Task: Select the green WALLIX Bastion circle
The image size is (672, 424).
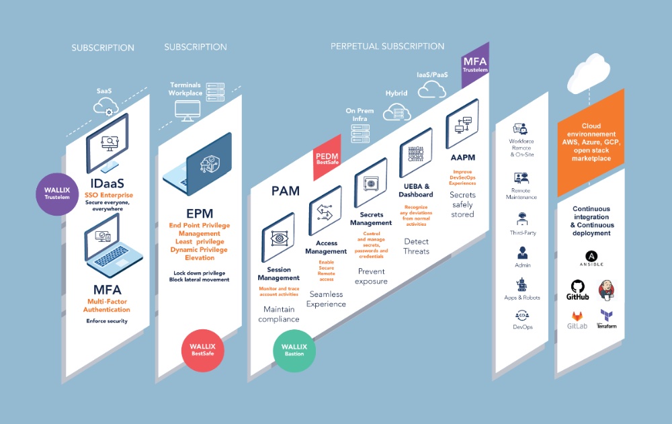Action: [x=294, y=352]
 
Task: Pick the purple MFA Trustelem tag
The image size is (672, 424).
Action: [x=475, y=66]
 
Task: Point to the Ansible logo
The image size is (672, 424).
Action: [x=592, y=257]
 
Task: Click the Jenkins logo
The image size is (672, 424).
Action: [x=607, y=289]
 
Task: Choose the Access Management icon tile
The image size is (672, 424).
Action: [x=325, y=210]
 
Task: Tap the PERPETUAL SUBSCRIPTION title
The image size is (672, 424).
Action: [x=387, y=46]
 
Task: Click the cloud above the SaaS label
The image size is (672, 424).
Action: [x=105, y=106]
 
